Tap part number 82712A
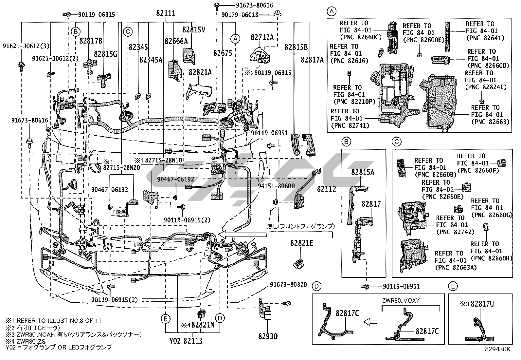(262, 37)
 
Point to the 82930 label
(268, 336)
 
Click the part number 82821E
(301, 243)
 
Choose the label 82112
(326, 189)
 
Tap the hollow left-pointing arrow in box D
(370, 322)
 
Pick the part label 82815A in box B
(363, 172)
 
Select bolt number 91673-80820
(288, 284)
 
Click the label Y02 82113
(186, 341)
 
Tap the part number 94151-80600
(276, 186)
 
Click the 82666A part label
(176, 41)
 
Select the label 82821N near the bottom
(203, 325)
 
